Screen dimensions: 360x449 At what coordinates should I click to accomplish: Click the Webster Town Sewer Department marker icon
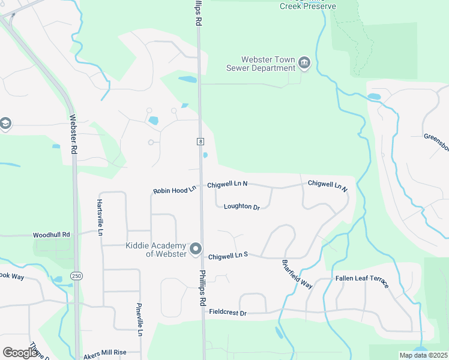click(x=304, y=63)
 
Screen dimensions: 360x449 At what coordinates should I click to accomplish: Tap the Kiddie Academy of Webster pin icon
click(x=195, y=249)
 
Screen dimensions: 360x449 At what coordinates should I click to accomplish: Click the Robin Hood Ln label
click(x=175, y=190)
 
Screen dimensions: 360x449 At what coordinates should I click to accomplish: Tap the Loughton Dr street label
click(x=241, y=207)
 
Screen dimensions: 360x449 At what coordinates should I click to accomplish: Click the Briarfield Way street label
click(x=297, y=274)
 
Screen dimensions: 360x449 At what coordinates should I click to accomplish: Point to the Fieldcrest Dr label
click(x=228, y=312)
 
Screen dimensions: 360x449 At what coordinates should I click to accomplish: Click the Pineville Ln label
click(x=140, y=319)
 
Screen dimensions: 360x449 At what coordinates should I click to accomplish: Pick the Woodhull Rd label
click(x=52, y=235)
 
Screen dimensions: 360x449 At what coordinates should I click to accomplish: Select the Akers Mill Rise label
click(x=105, y=353)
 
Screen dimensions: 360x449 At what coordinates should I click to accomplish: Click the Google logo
click(x=20, y=352)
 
